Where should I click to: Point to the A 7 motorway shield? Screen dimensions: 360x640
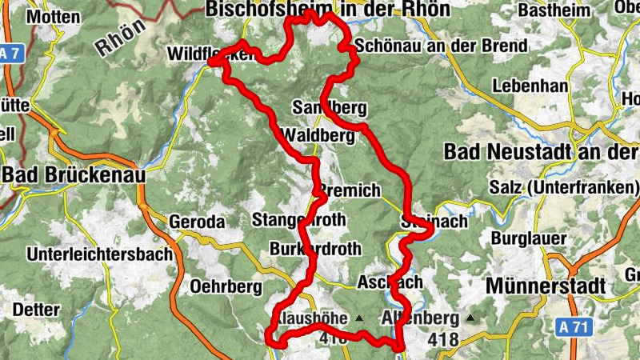9,54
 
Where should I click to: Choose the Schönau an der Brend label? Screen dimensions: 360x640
441,46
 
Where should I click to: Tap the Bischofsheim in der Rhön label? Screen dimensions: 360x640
328,9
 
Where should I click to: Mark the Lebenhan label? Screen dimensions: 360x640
530,86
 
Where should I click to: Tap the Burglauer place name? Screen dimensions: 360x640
529,238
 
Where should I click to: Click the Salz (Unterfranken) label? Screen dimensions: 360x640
565,188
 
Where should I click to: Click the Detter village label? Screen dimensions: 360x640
37,309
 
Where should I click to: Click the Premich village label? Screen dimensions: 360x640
350,190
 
